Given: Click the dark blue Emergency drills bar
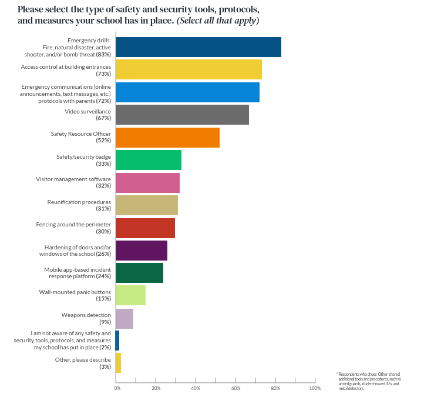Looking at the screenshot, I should pyautogui.click(x=198, y=47).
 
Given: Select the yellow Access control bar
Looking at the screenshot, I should pyautogui.click(x=189, y=69).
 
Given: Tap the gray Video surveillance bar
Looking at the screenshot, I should pyautogui.click(x=182, y=115).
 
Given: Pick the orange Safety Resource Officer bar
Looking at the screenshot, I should pyautogui.click(x=167, y=137).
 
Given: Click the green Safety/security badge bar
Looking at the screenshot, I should pyautogui.click(x=149, y=160).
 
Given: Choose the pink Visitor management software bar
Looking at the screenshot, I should pyautogui.click(x=147, y=183).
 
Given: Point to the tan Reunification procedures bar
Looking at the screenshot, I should pyautogui.click(x=147, y=205).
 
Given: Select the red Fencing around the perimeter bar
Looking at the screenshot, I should pyautogui.click(x=145, y=228).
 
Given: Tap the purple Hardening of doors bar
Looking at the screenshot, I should pyautogui.click(x=142, y=251).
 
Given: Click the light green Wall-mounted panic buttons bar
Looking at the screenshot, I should pyautogui.click(x=130, y=295).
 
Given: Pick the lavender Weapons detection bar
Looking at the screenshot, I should pyautogui.click(x=124, y=318).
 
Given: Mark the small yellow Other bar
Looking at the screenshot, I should pyautogui.click(x=118, y=363).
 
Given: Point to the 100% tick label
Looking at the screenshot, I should pyautogui.click(x=315, y=388).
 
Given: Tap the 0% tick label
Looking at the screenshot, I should pyautogui.click(x=117, y=388).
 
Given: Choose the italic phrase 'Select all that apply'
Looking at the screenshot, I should pyautogui.click(x=218, y=21).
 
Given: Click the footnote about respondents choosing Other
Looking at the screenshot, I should pyautogui.click(x=368, y=381).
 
